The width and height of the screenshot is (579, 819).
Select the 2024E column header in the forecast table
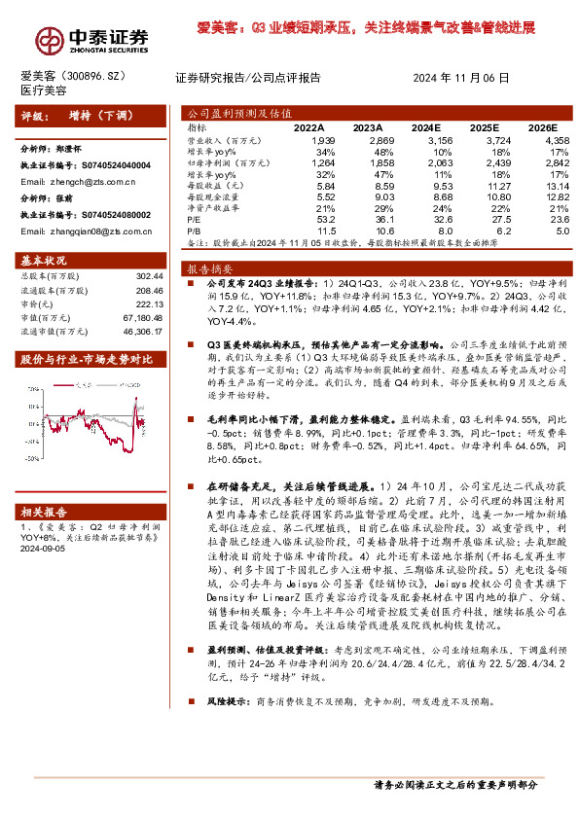click(x=425, y=127)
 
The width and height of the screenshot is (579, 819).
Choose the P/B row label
click(x=196, y=231)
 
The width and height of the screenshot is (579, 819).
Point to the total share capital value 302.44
click(x=149, y=277)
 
